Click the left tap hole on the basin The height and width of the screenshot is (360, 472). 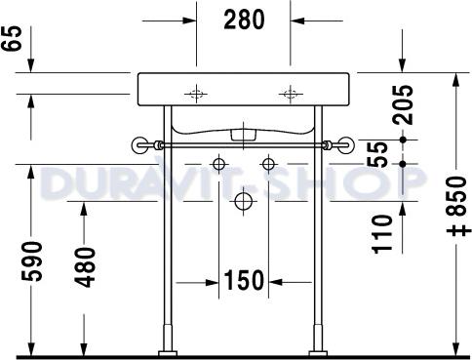(x=197, y=95)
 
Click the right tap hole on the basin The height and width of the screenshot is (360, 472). (x=289, y=95)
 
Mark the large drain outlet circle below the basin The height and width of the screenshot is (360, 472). (x=243, y=202)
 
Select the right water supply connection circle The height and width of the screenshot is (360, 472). (x=265, y=162)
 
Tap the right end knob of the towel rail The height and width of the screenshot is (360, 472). (x=344, y=146)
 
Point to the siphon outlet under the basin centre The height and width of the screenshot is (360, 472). (x=243, y=131)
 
